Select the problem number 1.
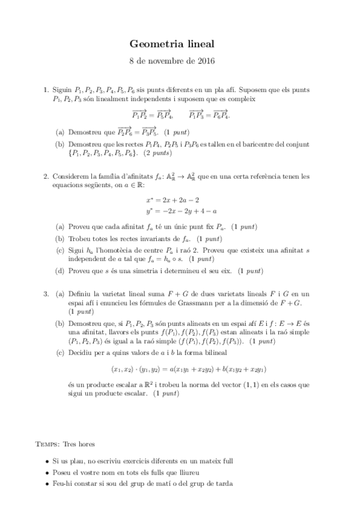coord(45,90)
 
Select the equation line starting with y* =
coord(181,210)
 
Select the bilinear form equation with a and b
coord(180,369)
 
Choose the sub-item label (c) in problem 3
coord(60,352)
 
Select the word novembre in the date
coord(169,61)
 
